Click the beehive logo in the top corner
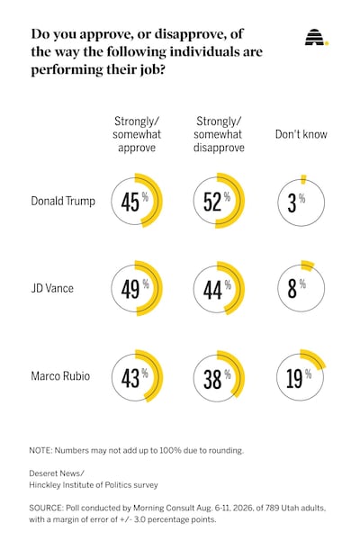tap(317, 37)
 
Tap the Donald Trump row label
tap(63, 201)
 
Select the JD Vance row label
tap(52, 288)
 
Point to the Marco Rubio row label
tap(60, 376)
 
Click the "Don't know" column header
tap(301, 134)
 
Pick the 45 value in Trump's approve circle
tap(130, 202)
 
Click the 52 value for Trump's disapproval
tap(212, 202)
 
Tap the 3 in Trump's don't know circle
tap(292, 203)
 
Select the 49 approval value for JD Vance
tap(130, 289)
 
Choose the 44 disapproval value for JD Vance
tap(212, 290)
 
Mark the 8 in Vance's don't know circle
tap(292, 289)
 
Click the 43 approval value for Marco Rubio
tap(130, 378)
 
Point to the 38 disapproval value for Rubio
tap(212, 379)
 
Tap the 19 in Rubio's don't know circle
tap(294, 378)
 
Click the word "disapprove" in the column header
tap(219, 148)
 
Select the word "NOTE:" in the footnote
tap(40, 450)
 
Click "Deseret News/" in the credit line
tap(57, 473)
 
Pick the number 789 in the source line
tap(272, 508)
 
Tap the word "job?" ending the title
tap(150, 69)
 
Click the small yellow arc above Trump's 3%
tap(303, 179)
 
